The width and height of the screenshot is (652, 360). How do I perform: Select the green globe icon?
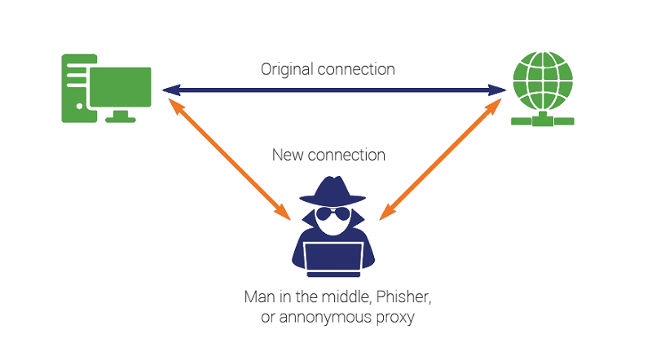click(542, 81)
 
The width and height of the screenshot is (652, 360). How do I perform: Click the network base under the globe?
click(542, 121)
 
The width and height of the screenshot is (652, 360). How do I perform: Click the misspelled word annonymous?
click(317, 317)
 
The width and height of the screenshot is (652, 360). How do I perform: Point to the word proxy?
click(394, 317)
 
